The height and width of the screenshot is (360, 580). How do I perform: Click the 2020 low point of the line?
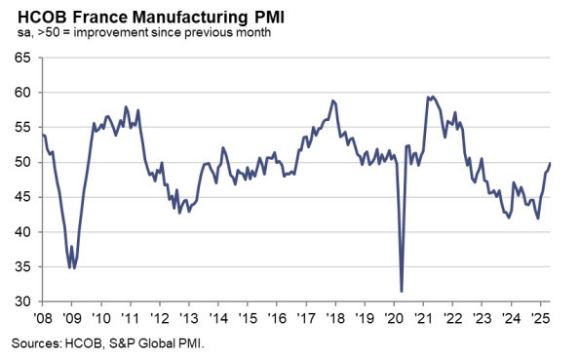tap(402, 291)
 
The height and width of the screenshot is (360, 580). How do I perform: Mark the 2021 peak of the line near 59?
tap(429, 97)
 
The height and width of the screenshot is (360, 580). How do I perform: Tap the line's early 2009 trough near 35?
tap(72, 266)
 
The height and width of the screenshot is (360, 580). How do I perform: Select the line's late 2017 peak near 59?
tap(332, 100)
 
